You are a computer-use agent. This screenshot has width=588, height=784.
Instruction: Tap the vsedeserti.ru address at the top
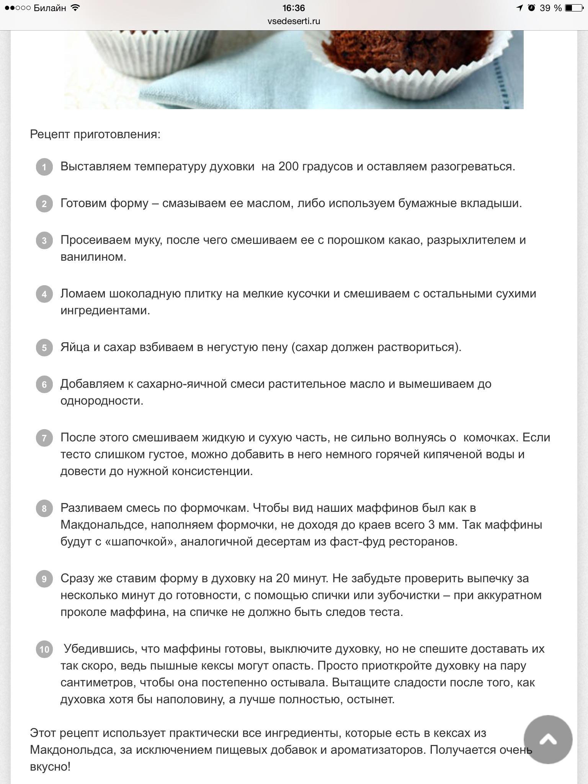click(294, 21)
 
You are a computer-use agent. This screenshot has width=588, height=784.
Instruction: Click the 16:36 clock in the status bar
click(294, 8)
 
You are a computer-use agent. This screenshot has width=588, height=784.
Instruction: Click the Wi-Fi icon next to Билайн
click(75, 8)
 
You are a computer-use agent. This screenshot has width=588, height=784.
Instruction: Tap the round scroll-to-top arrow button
click(548, 740)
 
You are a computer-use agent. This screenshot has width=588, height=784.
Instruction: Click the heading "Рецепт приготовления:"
click(95, 134)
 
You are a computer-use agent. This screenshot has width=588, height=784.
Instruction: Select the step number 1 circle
click(44, 167)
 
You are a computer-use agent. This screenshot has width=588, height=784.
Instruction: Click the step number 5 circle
click(44, 348)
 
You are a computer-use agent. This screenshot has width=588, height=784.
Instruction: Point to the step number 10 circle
click(44, 650)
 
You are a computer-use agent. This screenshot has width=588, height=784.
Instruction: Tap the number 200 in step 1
click(291, 167)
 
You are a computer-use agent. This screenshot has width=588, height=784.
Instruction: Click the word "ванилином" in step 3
click(93, 257)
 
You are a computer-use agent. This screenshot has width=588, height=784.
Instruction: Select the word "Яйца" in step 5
click(75, 347)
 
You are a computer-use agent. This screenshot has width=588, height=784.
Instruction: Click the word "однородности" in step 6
click(101, 401)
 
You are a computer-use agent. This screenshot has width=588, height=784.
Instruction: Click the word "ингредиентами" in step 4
click(105, 310)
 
